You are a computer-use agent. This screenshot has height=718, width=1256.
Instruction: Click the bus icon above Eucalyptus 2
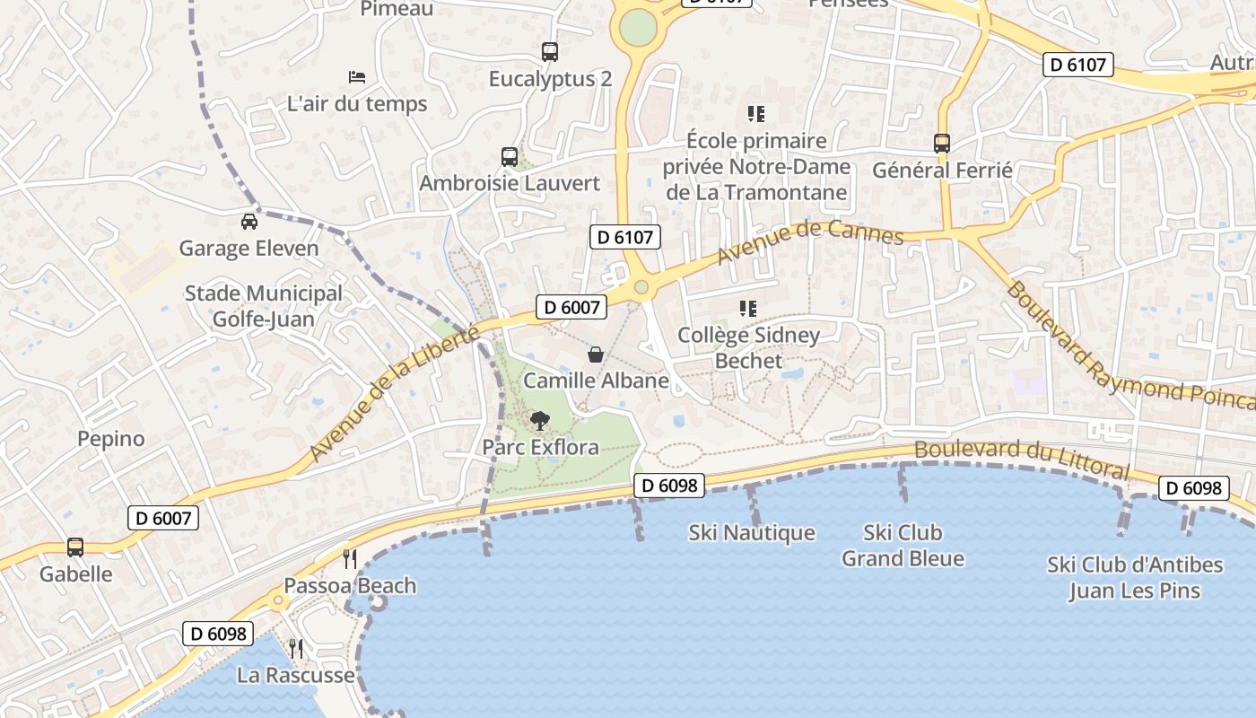click(550, 52)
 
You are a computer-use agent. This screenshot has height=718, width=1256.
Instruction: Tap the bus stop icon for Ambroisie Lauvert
click(510, 157)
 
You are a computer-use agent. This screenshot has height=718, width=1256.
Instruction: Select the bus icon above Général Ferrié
click(942, 144)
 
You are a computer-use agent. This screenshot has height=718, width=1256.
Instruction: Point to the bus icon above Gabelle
click(75, 547)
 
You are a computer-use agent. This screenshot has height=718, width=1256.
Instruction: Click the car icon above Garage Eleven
click(249, 222)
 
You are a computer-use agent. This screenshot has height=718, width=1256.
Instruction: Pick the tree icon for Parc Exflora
click(540, 420)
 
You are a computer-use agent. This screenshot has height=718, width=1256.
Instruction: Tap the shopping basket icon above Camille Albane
click(596, 355)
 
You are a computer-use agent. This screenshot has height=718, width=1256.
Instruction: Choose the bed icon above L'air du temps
click(357, 77)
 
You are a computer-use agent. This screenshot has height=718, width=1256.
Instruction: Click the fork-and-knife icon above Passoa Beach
click(350, 559)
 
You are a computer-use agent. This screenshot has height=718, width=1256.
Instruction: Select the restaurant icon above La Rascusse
click(296, 648)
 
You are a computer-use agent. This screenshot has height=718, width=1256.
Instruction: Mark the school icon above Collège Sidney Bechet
click(748, 309)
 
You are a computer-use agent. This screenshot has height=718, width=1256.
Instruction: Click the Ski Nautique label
click(752, 533)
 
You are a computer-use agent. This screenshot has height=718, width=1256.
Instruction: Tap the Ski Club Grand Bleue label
click(903, 546)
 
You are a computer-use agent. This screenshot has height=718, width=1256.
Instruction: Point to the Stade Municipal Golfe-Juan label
click(263, 306)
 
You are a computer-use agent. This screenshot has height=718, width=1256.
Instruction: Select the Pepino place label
click(111, 439)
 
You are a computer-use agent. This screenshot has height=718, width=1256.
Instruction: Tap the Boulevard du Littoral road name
click(1022, 458)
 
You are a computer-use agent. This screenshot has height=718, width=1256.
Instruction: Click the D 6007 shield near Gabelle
click(163, 518)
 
